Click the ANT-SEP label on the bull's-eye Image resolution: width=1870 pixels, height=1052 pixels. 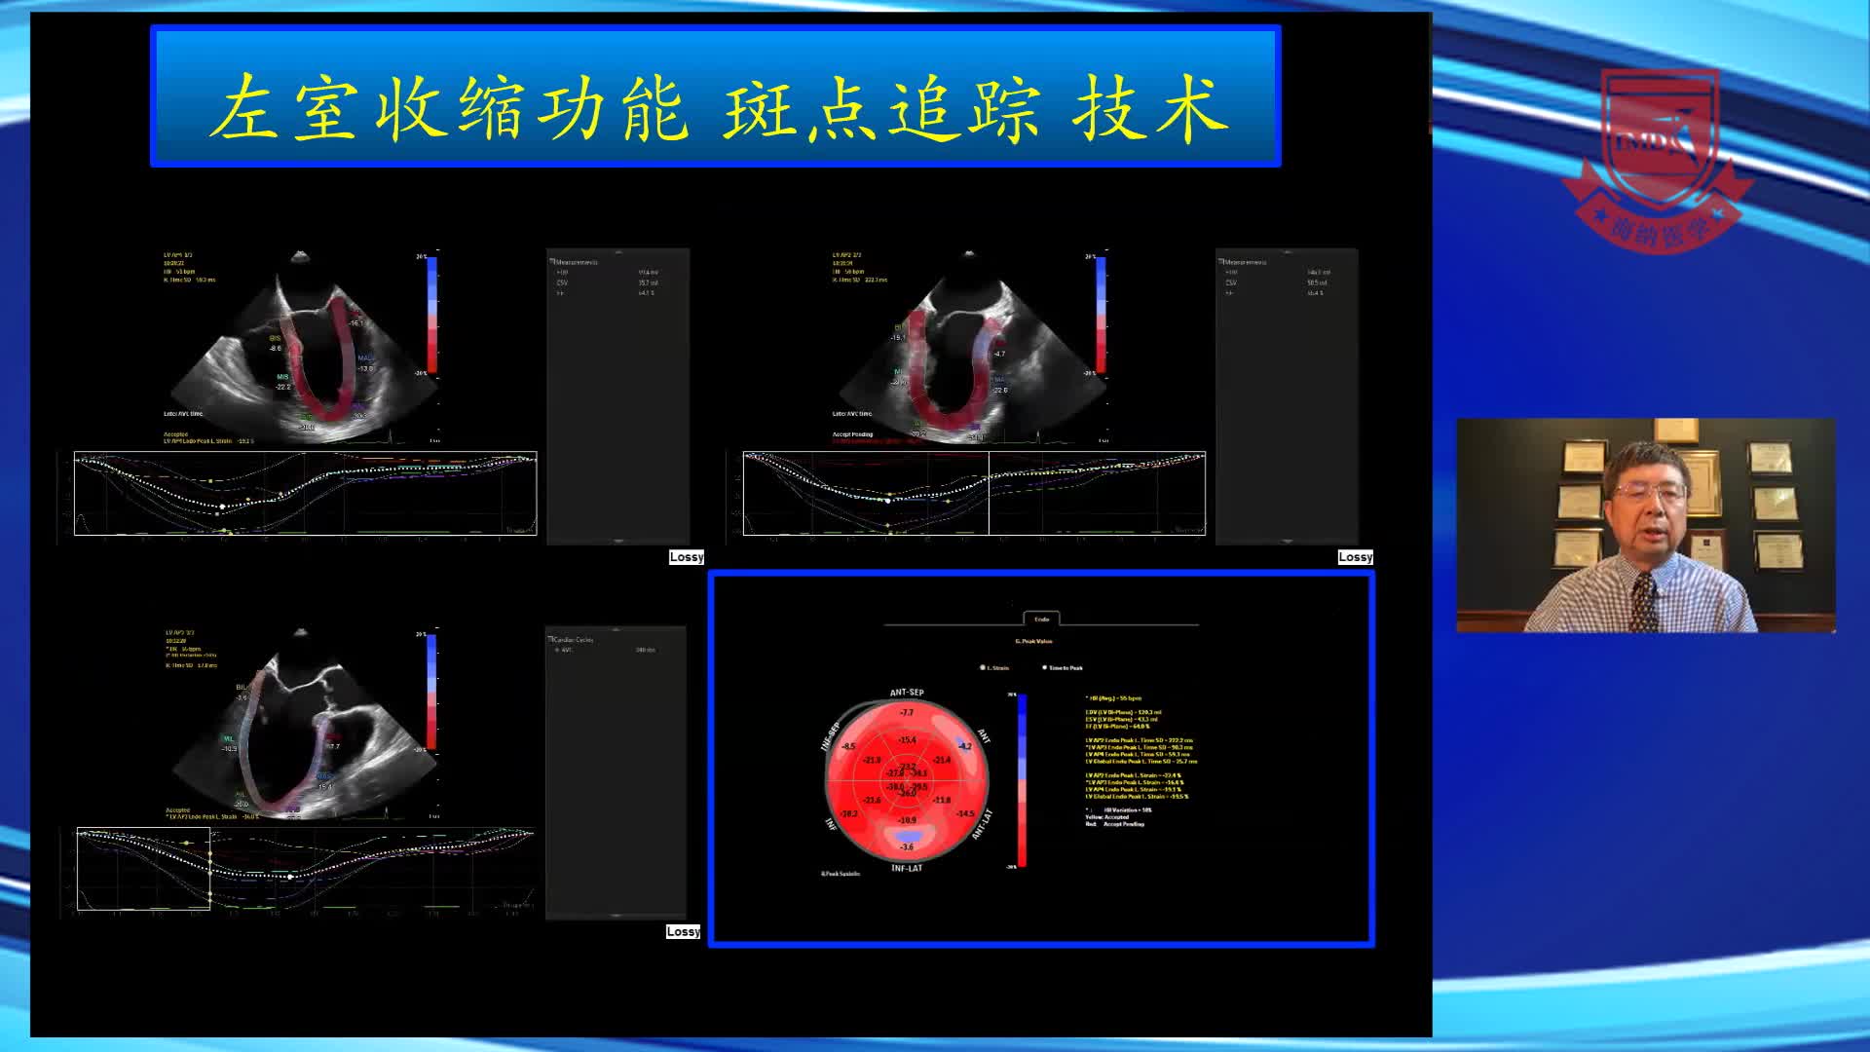pos(906,693)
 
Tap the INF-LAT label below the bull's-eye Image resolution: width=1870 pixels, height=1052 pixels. pos(906,868)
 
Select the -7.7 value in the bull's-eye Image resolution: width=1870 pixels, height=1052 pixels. pos(907,713)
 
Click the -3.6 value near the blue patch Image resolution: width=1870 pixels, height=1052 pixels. pos(907,847)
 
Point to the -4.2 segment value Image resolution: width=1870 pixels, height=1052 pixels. pos(964,746)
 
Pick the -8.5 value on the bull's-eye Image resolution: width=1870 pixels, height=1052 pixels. pos(848,747)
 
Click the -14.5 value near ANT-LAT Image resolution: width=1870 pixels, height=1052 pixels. pos(964,813)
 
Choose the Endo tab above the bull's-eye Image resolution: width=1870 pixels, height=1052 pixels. pos(1041,619)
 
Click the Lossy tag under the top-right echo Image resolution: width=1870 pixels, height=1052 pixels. pos(1355,557)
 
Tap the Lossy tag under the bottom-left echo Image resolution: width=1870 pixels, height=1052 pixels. pos(683,932)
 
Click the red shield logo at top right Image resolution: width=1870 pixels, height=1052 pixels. pos(1658,156)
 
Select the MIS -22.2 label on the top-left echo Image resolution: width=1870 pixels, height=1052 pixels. pos(282,382)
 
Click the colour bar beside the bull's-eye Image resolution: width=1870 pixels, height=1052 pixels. pos(1022,779)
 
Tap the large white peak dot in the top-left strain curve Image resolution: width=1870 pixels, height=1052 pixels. pos(223,507)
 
